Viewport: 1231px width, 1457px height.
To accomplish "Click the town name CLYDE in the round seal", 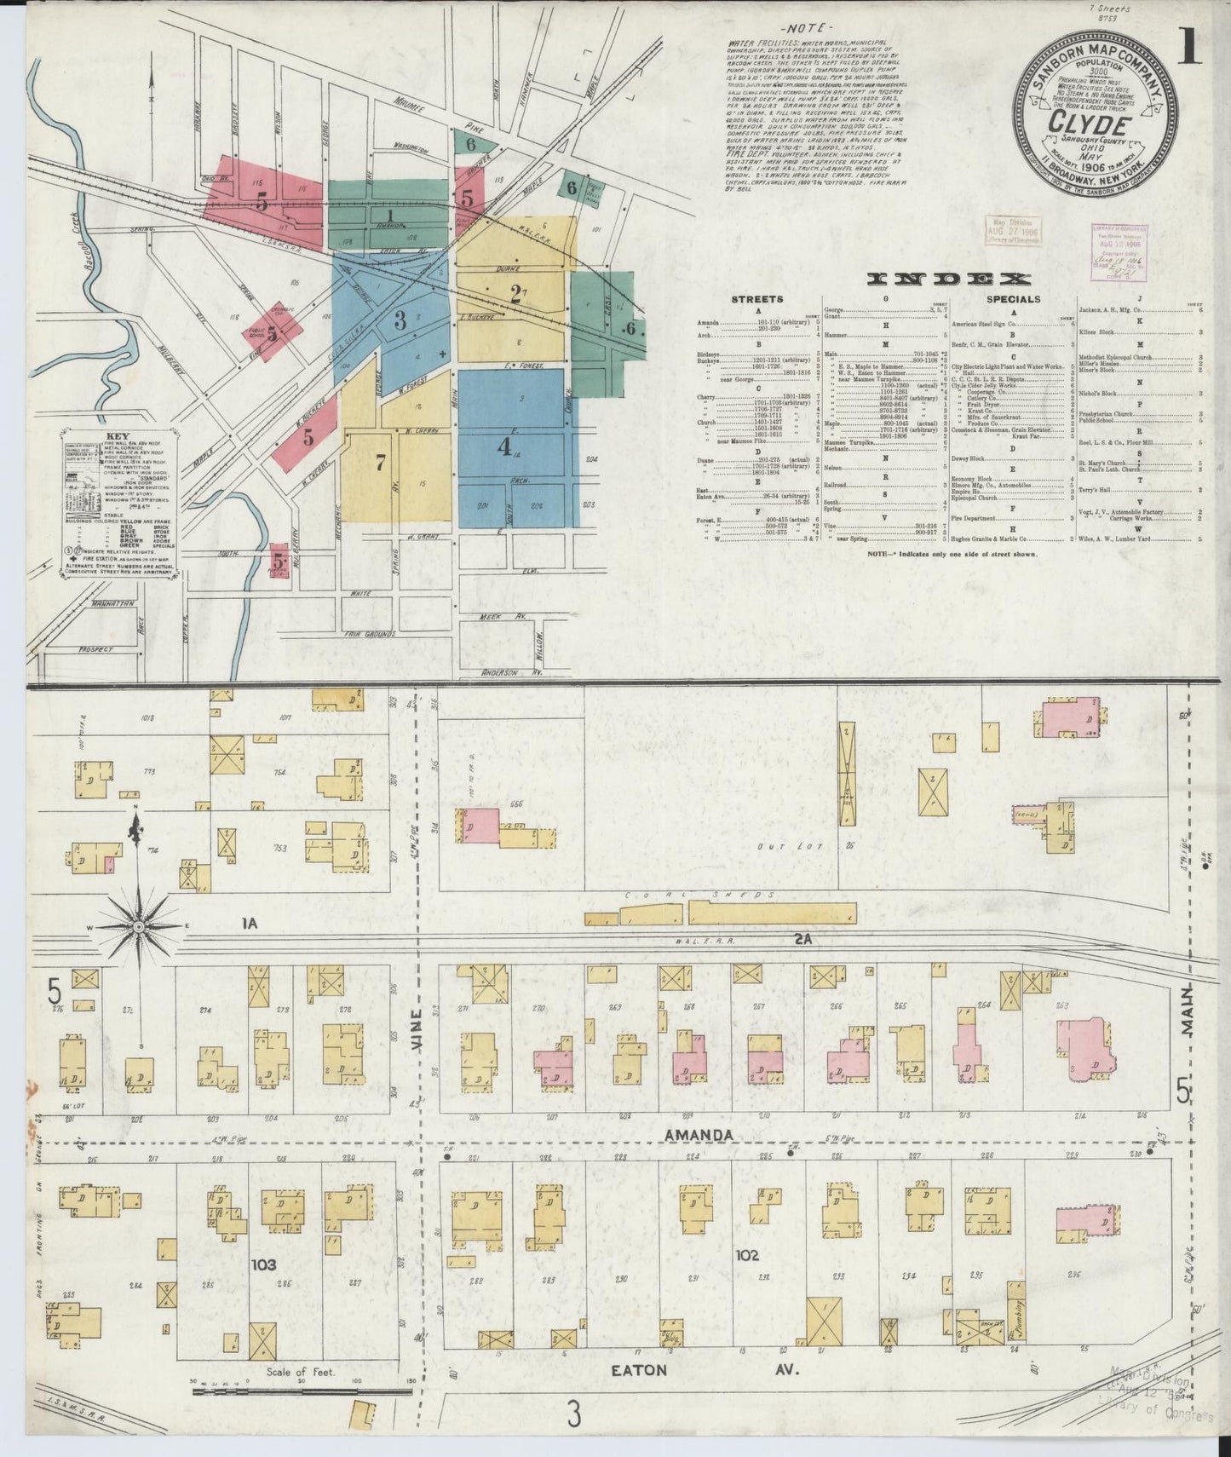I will coord(1095,125).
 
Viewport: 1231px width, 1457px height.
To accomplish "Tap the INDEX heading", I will coord(949,279).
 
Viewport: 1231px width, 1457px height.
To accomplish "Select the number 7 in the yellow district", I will coord(380,462).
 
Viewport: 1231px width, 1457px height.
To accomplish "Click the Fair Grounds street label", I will coord(369,634).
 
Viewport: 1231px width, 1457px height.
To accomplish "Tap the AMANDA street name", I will coord(699,1134).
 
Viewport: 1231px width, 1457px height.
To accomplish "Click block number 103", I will coord(264,1265).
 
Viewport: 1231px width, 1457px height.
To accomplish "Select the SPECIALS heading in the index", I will coord(1013,299).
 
